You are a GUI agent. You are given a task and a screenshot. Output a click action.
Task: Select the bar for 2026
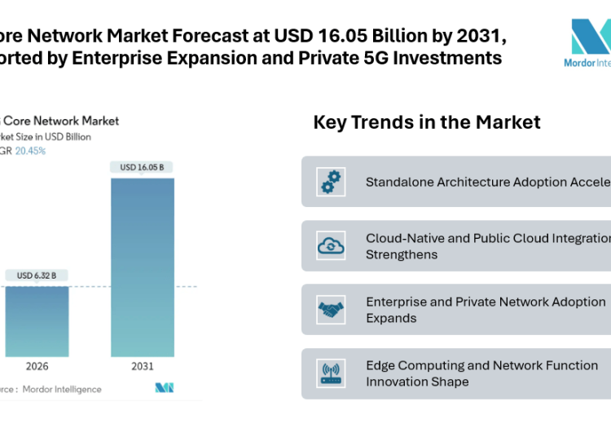pos(37,321)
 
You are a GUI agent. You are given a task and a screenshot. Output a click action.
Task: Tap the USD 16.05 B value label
pos(143,167)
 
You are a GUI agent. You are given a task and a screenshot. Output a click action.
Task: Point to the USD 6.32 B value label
pos(37,276)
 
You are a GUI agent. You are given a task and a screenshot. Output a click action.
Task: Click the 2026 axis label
pos(37,367)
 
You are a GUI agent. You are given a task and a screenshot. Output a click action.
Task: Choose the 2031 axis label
pos(143,367)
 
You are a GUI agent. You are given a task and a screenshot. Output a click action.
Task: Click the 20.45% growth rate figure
pos(32,151)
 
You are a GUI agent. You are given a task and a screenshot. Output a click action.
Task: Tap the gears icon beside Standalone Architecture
pos(332,181)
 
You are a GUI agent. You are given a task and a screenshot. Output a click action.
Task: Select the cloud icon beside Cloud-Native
pos(332,245)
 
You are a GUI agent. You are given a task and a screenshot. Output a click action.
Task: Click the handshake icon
pos(332,309)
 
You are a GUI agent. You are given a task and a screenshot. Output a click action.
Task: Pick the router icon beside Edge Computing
pos(332,373)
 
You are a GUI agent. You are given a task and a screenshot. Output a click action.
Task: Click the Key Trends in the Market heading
pos(426,122)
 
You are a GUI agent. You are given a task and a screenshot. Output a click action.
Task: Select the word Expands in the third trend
pos(391,318)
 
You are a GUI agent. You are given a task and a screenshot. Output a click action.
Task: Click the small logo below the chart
pos(165,388)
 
